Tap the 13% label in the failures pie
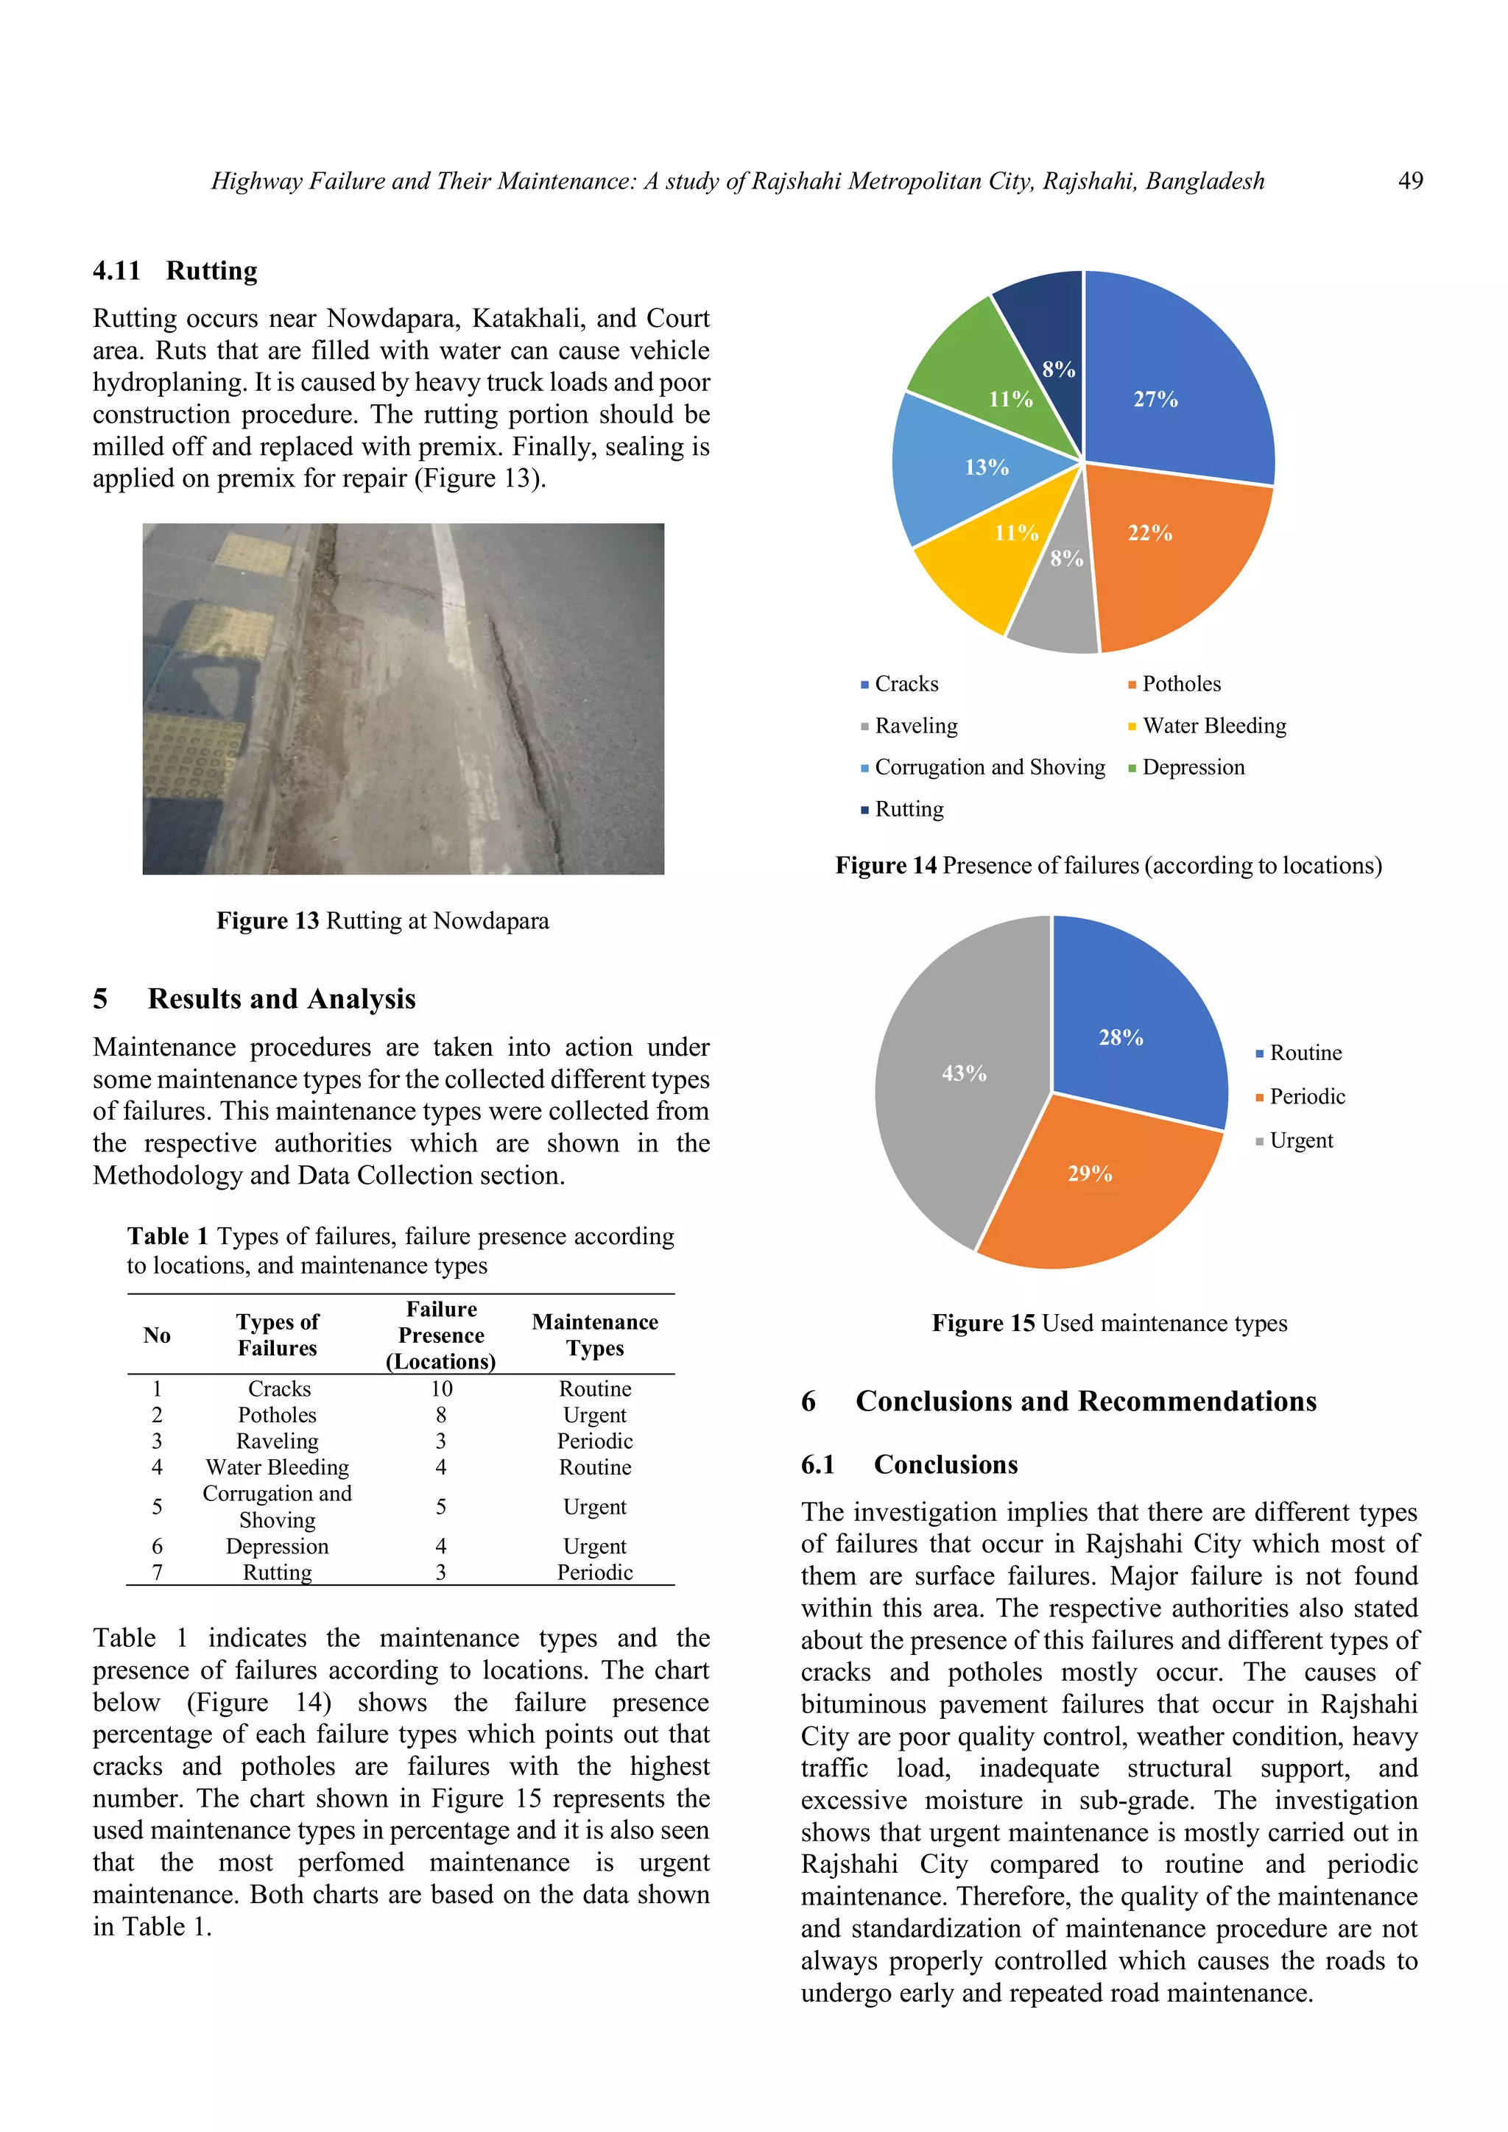click(x=986, y=467)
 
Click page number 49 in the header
click(x=1409, y=181)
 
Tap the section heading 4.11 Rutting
click(x=175, y=271)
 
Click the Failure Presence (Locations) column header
click(x=441, y=1335)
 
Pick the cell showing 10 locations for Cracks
click(x=441, y=1389)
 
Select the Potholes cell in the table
click(x=277, y=1415)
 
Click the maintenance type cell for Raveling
click(x=594, y=1441)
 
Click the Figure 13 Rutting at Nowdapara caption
click(x=383, y=921)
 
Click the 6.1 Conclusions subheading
click(x=909, y=1464)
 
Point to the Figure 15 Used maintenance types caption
click(x=1109, y=1323)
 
